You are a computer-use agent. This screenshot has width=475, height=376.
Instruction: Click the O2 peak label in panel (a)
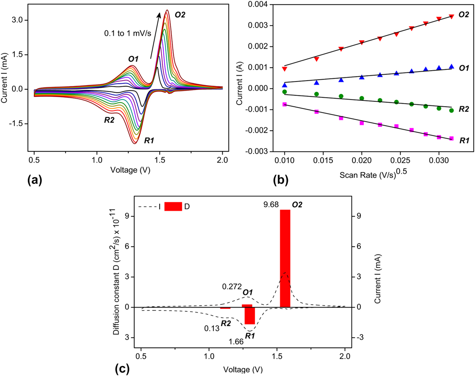180,15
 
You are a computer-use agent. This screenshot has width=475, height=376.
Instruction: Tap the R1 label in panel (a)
150,141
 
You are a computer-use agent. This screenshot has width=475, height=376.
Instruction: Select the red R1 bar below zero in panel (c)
250,315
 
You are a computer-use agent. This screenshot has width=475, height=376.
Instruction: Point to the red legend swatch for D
173,206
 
